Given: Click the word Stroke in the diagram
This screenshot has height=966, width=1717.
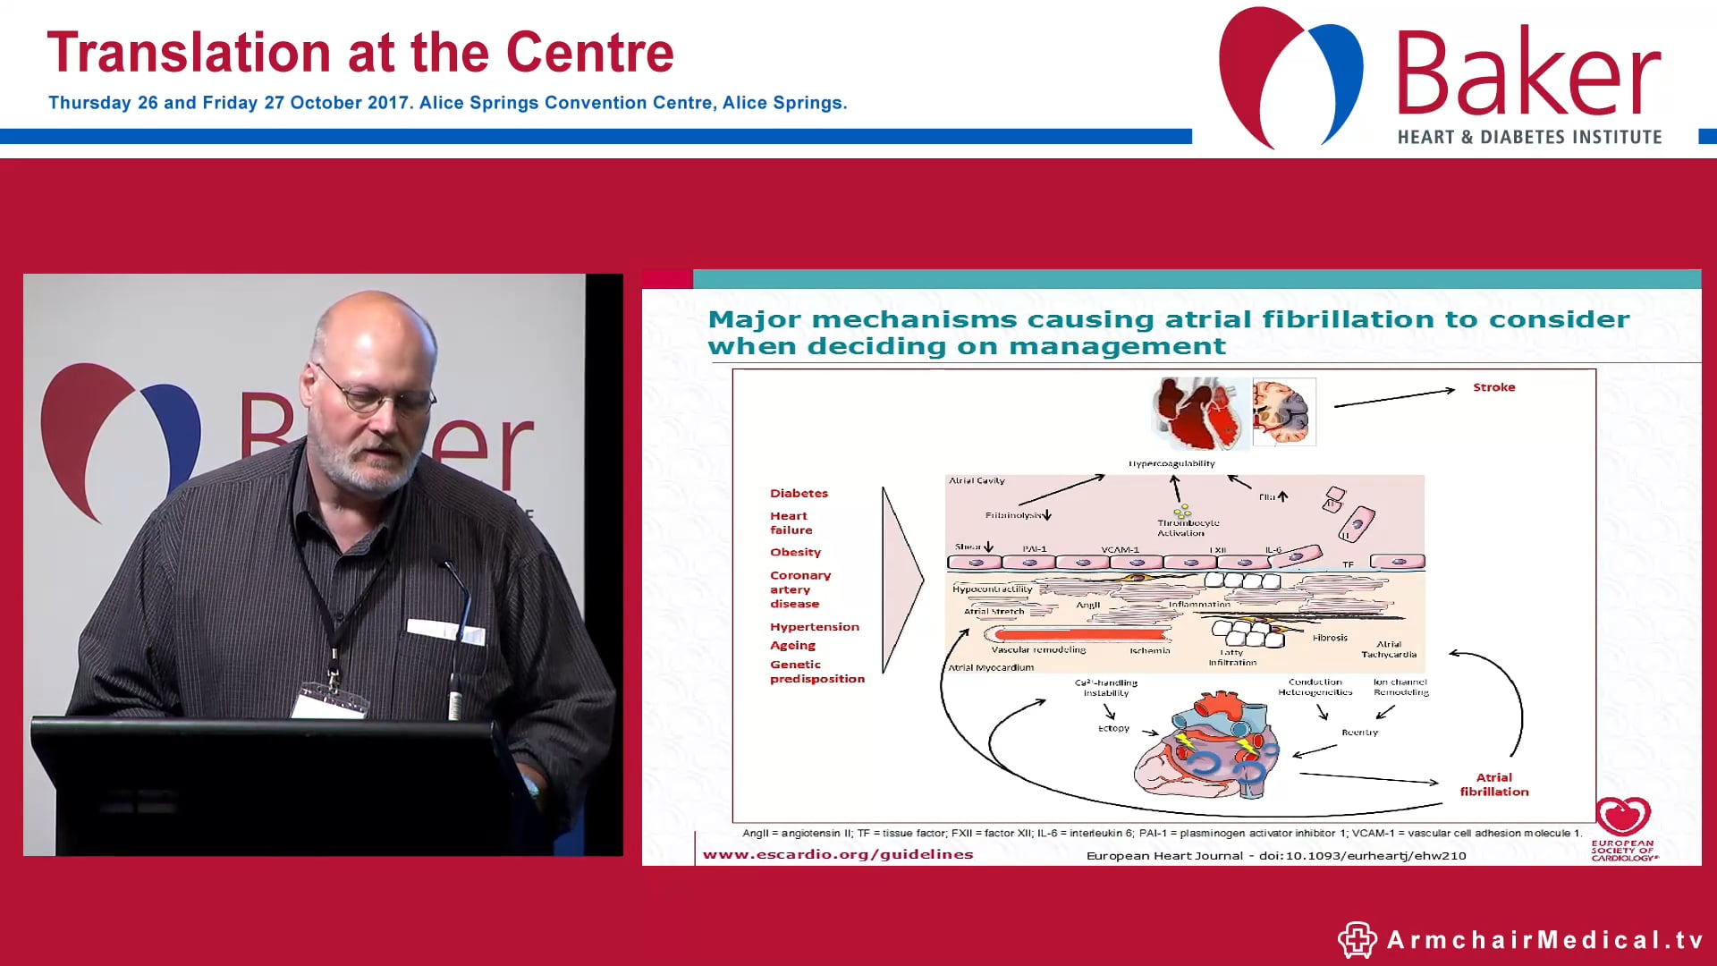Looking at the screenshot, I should click(x=1493, y=387).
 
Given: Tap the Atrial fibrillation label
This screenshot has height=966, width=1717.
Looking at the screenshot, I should click(x=1493, y=784).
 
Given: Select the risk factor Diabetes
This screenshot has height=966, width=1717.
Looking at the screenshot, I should click(x=799, y=493).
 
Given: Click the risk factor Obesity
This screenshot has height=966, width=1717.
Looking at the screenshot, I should click(x=795, y=552).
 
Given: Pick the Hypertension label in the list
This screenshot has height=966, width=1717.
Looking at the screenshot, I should click(x=814, y=627).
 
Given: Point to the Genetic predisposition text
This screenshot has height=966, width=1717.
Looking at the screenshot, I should click(x=816, y=672).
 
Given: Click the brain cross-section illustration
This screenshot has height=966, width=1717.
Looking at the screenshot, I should click(x=1283, y=411).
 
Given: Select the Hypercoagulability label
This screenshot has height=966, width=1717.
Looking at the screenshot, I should click(x=1171, y=463).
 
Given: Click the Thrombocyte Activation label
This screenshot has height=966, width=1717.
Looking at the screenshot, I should click(x=1187, y=528).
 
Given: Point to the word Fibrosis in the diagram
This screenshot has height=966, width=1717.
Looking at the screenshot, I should click(x=1330, y=638).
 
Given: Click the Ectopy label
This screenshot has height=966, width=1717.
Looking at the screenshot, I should click(x=1113, y=728).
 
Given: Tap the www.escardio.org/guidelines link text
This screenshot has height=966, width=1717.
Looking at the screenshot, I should click(x=837, y=854).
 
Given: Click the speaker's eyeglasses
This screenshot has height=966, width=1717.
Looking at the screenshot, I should click(x=380, y=394).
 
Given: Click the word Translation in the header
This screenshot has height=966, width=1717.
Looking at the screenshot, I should click(x=189, y=53).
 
